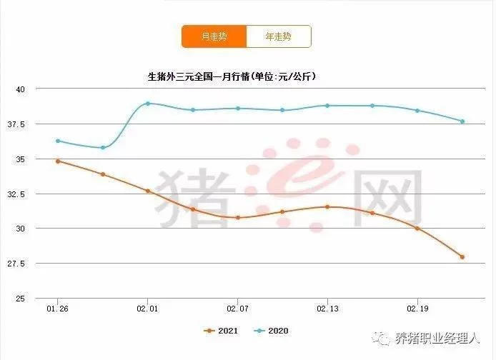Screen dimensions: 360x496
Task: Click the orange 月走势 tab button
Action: tap(214, 36)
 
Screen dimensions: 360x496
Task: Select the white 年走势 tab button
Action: tap(279, 36)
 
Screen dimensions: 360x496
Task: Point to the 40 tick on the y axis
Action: tap(20, 89)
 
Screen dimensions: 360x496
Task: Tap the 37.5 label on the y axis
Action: tap(17, 124)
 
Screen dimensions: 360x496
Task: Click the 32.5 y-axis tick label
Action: tap(17, 194)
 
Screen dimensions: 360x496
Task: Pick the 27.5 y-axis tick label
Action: tap(17, 264)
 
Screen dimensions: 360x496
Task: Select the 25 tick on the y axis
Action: tap(20, 298)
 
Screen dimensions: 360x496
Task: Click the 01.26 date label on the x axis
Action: tap(58, 309)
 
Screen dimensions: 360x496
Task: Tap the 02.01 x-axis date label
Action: tap(147, 309)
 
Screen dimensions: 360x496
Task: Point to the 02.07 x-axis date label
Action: tap(237, 309)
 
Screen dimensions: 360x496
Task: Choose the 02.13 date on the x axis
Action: tap(327, 309)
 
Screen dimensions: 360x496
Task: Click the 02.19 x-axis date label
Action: tap(417, 309)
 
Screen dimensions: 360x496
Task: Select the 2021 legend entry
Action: tap(221, 331)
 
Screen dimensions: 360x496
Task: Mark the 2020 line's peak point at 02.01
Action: tap(148, 103)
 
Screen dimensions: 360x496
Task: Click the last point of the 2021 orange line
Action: tap(462, 257)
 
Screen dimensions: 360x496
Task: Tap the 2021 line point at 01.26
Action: tap(58, 161)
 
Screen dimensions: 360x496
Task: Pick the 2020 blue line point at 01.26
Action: tap(58, 141)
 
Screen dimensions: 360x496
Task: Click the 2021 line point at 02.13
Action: tap(327, 206)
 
